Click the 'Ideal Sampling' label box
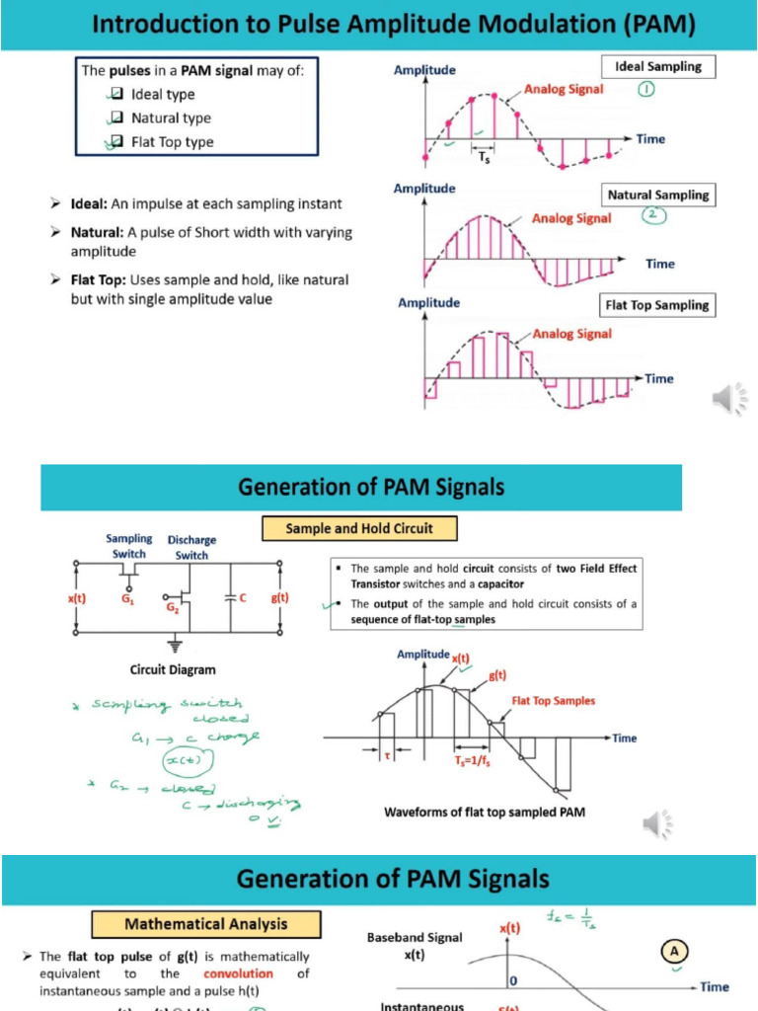pos(658,67)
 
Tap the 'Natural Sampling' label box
pos(658,194)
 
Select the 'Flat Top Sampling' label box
pos(657,305)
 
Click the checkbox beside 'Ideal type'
pos(116,95)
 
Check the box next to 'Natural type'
pos(116,118)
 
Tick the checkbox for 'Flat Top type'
pos(116,142)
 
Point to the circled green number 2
pos(650,215)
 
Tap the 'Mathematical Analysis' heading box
pos(206,924)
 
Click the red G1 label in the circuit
pos(128,598)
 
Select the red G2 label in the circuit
pos(173,610)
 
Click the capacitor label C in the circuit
pos(242,597)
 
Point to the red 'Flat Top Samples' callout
pos(553,701)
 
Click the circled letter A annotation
pos(675,952)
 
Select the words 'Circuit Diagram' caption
pos(172,670)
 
